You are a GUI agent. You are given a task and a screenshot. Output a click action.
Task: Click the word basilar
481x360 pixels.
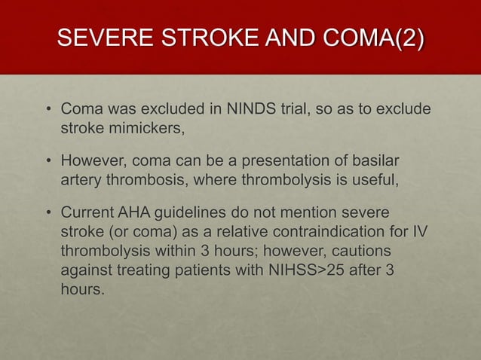point(375,162)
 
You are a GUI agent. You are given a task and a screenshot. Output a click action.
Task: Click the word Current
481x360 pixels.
point(89,214)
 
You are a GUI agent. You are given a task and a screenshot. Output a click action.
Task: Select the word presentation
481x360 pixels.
point(276,162)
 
